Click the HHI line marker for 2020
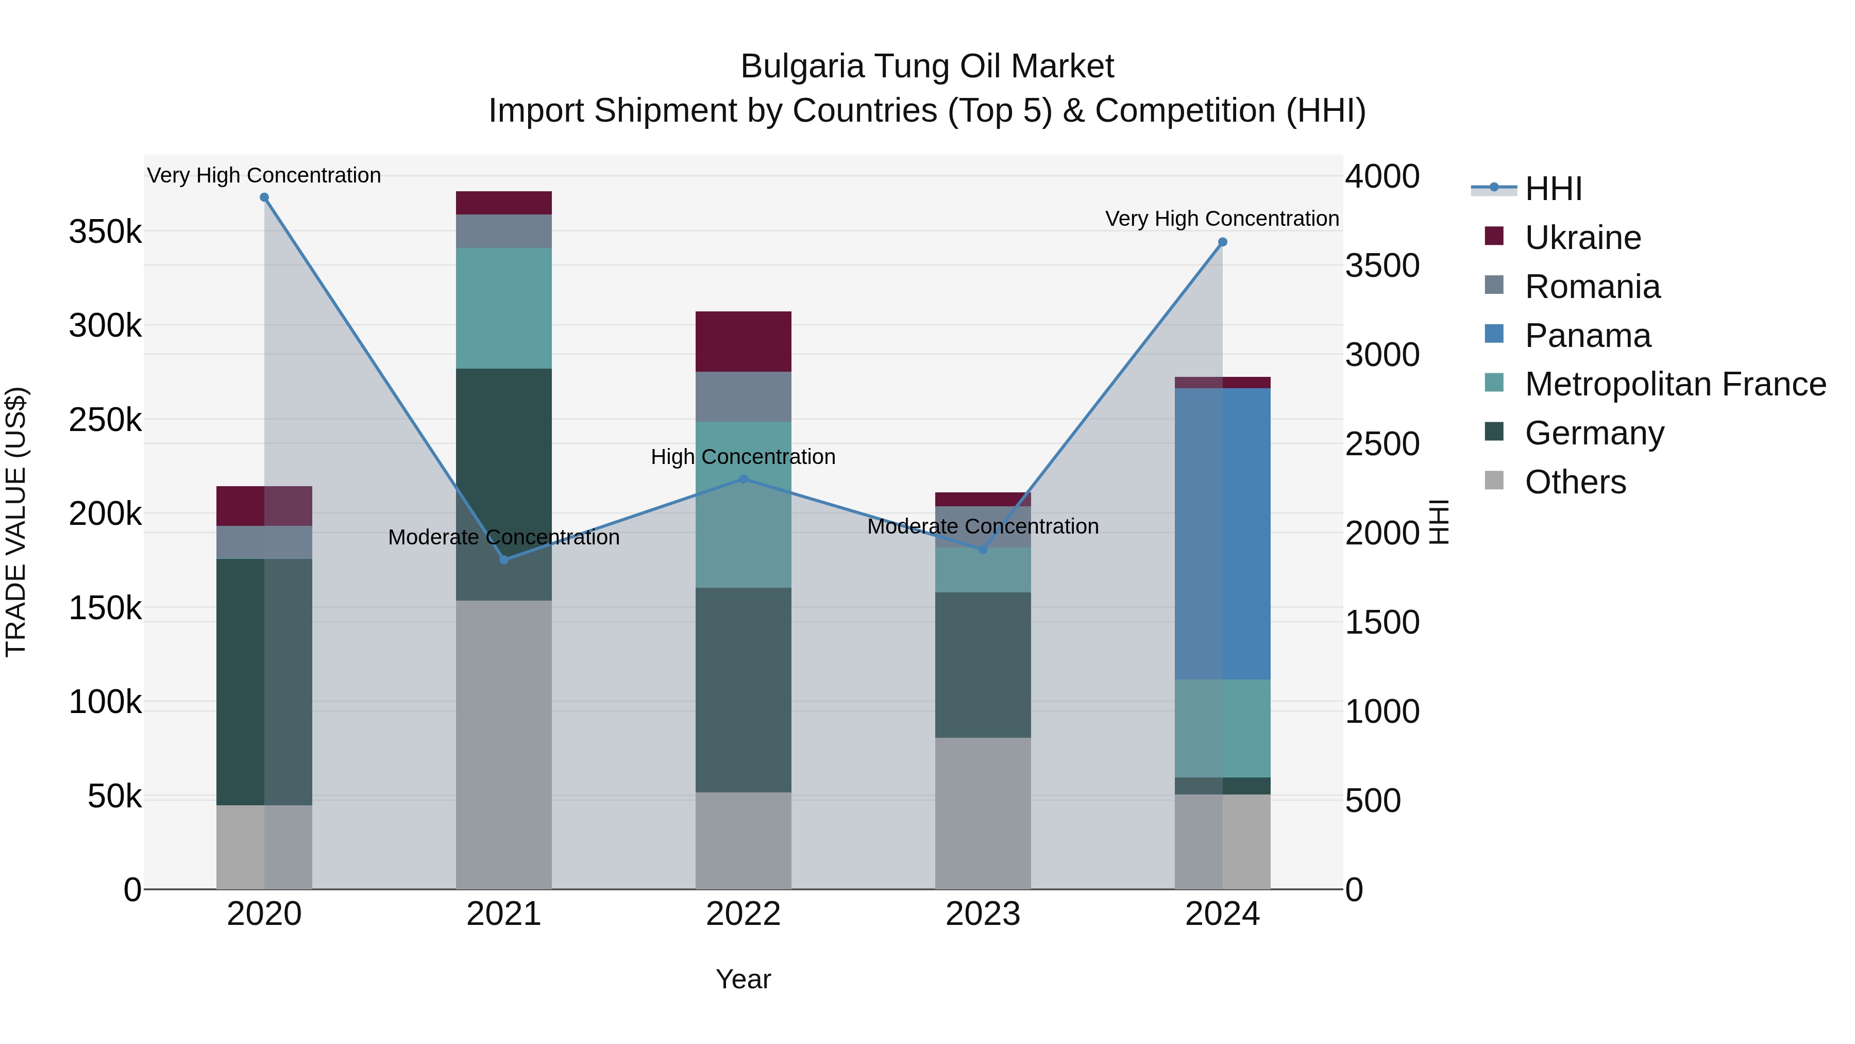click(x=264, y=197)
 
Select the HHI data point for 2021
click(x=504, y=560)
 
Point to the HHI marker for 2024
click(x=1223, y=242)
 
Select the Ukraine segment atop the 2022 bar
click(x=743, y=341)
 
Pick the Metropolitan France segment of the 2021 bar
click(x=504, y=308)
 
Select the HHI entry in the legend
click(x=1553, y=189)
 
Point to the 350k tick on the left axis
click(x=105, y=232)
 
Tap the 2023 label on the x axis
click(x=983, y=914)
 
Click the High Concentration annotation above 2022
click(x=743, y=457)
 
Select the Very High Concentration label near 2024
click(x=1222, y=218)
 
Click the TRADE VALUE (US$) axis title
click(x=16, y=522)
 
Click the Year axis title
click(x=743, y=979)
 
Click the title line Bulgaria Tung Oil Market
click(x=927, y=67)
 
